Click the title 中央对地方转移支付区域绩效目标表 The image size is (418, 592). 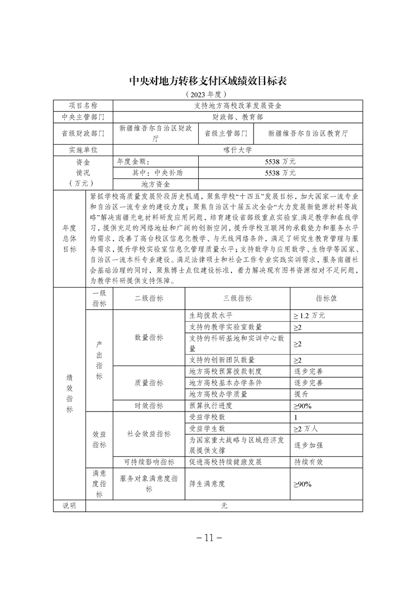click(209, 80)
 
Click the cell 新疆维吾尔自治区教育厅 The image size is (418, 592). click(308, 133)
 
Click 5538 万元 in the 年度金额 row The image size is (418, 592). click(280, 161)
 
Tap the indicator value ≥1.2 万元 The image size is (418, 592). click(309, 316)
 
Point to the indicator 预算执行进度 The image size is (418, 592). click(210, 406)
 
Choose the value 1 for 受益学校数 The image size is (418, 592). click(296, 417)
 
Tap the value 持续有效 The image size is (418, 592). click(308, 462)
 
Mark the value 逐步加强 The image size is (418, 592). click(308, 445)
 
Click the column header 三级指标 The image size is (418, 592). click(237, 298)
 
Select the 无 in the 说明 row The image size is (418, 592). click(224, 505)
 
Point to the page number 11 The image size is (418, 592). click(209, 538)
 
